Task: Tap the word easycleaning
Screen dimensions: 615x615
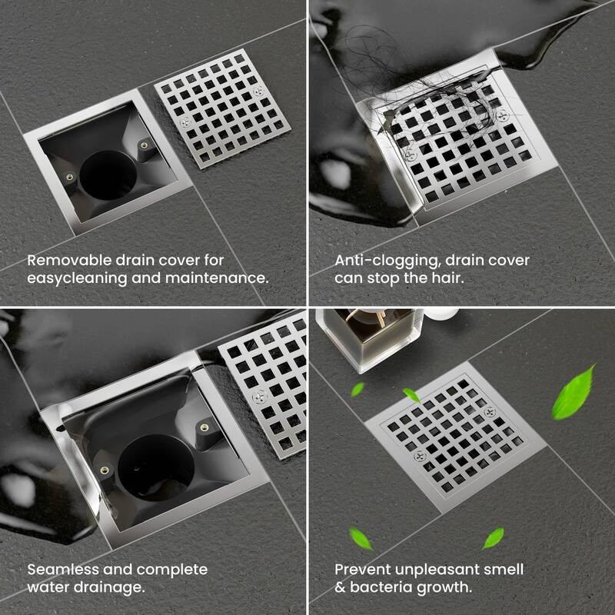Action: point(76,278)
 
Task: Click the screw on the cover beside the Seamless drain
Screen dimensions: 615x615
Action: point(258,397)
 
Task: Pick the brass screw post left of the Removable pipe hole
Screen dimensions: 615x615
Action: point(70,176)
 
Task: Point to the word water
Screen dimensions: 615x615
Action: point(48,588)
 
